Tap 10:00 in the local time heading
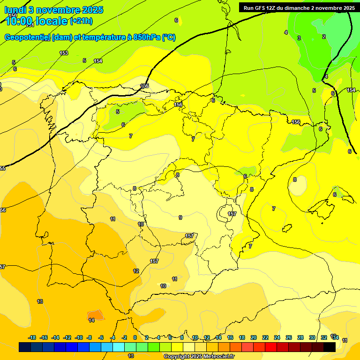[x=19, y=21]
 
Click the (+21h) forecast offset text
[x=81, y=21]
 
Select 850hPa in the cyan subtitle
[x=147, y=37]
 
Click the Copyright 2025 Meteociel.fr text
[x=199, y=357]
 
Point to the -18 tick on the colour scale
[x=32, y=337]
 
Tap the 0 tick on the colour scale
[x=135, y=337]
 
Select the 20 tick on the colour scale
[x=254, y=337]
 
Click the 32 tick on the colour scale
[x=324, y=337]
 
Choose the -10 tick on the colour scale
[x=79, y=337]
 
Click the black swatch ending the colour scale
[x=329, y=347]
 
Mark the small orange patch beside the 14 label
[x=95, y=315]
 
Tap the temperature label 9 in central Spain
[x=180, y=217]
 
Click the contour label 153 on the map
[x=64, y=53]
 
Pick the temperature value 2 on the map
[x=324, y=37]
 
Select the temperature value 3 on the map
[x=299, y=38]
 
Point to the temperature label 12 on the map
[x=136, y=271]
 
